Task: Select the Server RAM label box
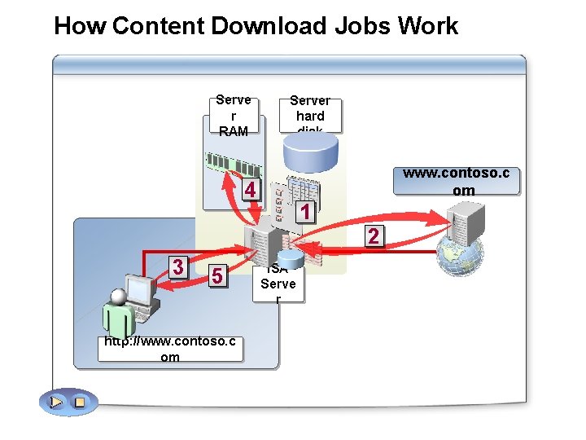[234, 115]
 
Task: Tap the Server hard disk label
[310, 115]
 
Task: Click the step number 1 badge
[304, 212]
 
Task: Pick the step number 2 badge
[373, 236]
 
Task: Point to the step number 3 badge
[177, 266]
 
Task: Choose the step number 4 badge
[251, 191]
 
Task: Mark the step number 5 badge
[216, 276]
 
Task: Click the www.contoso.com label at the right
[456, 182]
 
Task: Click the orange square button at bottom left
[80, 402]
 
